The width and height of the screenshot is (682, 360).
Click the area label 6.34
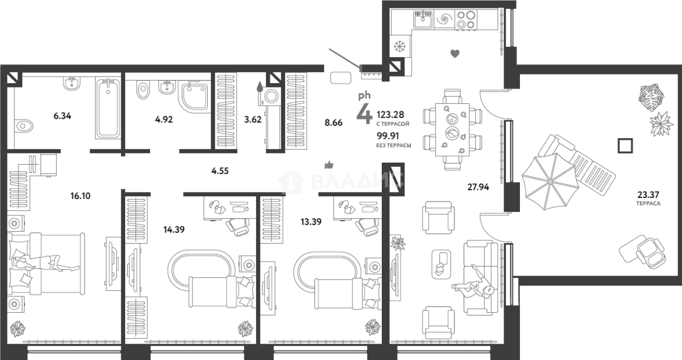tap(63, 116)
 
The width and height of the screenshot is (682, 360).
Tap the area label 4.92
tap(164, 119)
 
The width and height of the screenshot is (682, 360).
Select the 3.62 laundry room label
tap(253, 119)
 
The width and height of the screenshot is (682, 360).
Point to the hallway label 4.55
tap(220, 171)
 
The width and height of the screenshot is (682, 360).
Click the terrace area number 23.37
tap(648, 194)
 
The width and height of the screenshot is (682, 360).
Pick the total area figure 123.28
tap(390, 115)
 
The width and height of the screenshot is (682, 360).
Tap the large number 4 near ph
tap(364, 114)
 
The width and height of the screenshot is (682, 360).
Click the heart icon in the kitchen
tap(455, 54)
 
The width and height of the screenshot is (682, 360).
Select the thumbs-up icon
tap(329, 165)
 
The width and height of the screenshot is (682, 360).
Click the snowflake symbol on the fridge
tap(399, 46)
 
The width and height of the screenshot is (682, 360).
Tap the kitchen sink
tap(423, 20)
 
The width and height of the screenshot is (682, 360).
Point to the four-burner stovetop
tap(466, 20)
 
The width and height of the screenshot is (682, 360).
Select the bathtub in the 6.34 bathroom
tap(108, 108)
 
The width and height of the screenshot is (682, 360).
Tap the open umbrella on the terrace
tap(550, 182)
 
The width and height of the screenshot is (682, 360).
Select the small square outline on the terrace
tap(625, 145)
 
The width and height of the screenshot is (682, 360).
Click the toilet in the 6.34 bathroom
tap(23, 126)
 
